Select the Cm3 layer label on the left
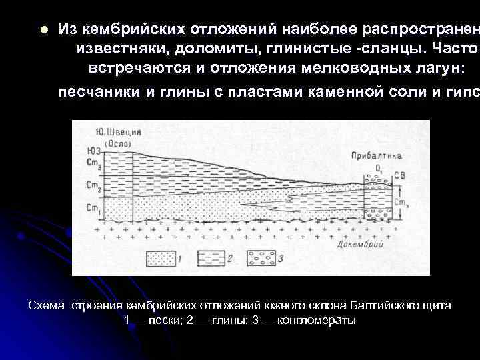click(94, 161)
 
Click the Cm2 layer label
click(94, 185)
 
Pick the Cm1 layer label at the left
click(94, 208)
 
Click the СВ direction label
click(398, 175)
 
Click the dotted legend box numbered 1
click(163, 257)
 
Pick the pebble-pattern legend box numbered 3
click(262, 257)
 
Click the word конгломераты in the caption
click(318, 321)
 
